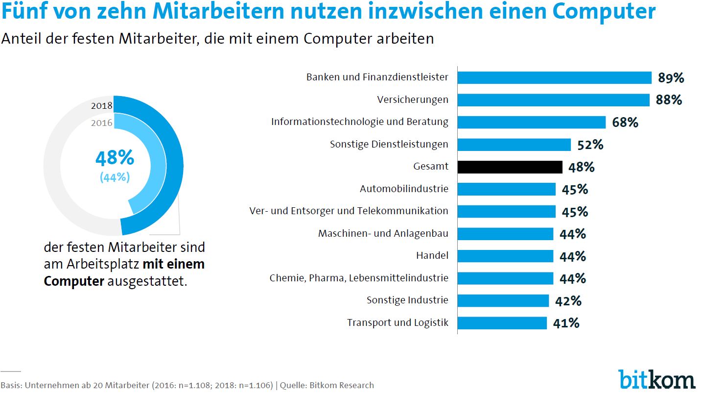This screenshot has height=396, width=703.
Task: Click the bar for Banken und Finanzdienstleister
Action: point(554,77)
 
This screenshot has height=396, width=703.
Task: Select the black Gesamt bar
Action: point(510,167)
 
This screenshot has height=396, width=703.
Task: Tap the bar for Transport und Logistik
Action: point(502,322)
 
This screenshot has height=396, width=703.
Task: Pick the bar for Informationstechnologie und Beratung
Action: point(531,122)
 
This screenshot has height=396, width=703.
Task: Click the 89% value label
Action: point(671,78)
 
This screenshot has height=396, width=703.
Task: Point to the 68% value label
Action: point(625,123)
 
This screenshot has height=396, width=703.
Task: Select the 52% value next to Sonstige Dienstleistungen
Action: point(590,145)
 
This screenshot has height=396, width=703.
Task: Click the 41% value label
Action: point(566,323)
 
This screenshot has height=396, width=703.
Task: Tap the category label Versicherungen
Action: point(413,99)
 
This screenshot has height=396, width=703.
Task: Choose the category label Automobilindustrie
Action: point(404,189)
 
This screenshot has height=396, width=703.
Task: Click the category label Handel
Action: point(432,255)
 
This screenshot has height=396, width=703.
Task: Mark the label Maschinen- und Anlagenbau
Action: point(383,233)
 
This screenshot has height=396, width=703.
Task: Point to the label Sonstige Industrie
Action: point(407,300)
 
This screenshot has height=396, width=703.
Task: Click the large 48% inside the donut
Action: point(115,158)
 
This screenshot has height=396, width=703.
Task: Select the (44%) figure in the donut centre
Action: point(115,177)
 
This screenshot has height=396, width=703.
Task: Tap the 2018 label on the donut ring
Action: point(102,105)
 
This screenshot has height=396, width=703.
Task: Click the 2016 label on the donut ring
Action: point(102,123)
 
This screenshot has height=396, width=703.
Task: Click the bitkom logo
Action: point(656,379)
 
